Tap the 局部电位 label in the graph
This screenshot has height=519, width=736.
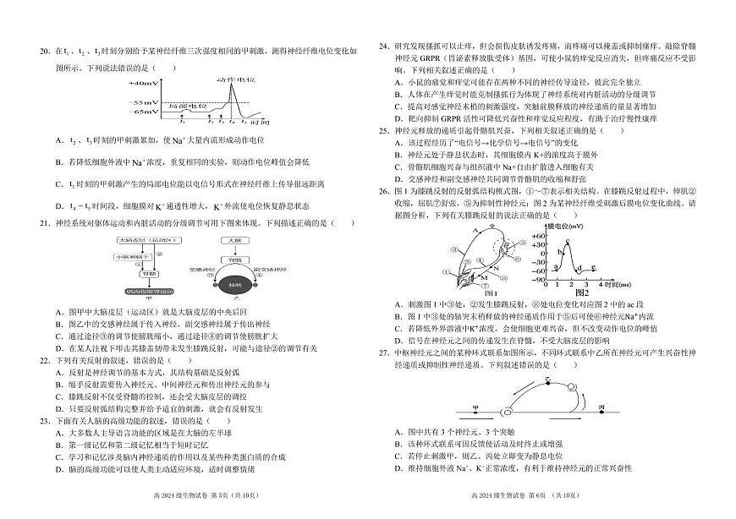pos(184,106)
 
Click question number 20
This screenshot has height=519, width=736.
pos(46,52)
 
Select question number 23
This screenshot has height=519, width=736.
pos(46,420)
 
